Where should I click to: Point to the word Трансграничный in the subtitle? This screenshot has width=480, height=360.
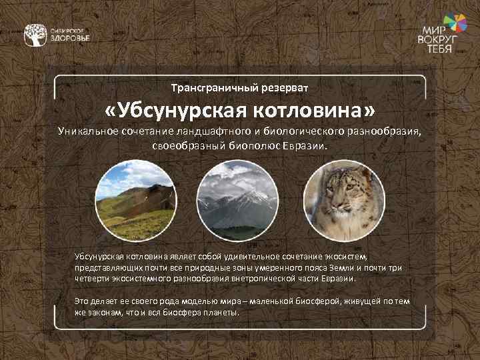coord(203,88)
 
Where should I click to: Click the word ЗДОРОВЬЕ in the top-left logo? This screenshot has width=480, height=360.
coord(70,39)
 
